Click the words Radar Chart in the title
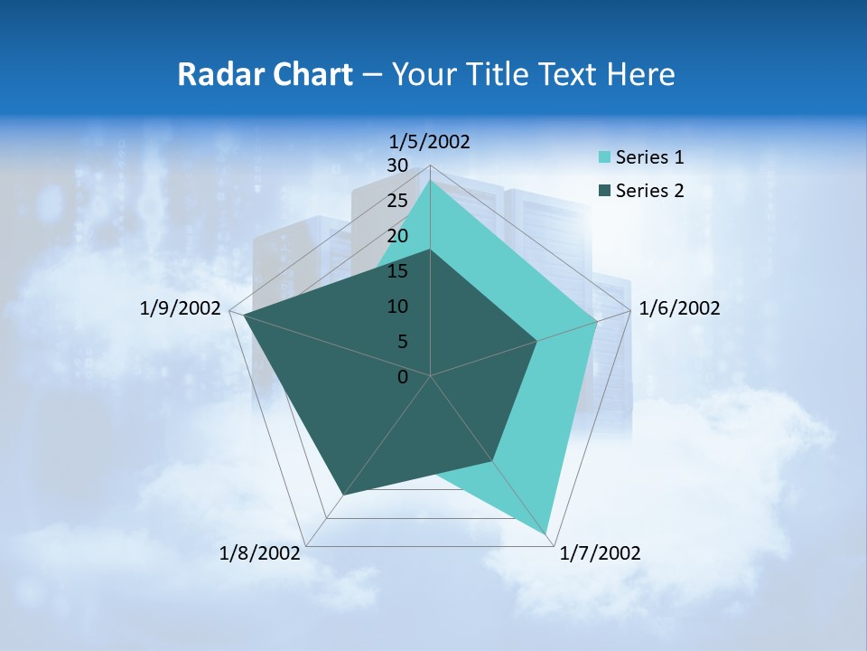pyautogui.click(x=265, y=74)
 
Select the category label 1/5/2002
pyautogui.click(x=430, y=141)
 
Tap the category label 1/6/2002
pyautogui.click(x=679, y=308)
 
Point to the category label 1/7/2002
pyautogui.click(x=600, y=553)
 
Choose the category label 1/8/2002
pyautogui.click(x=260, y=553)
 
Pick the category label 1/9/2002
pyautogui.click(x=181, y=308)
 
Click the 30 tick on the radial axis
pyautogui.click(x=396, y=165)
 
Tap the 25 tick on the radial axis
pyautogui.click(x=396, y=201)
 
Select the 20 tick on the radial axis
pyautogui.click(x=396, y=236)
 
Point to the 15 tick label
pyautogui.click(x=396, y=271)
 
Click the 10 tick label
pyautogui.click(x=396, y=307)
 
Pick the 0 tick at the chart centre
pyautogui.click(x=403, y=377)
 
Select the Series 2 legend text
pyautogui.click(x=649, y=191)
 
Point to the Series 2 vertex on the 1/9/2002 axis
pyautogui.click(x=245, y=316)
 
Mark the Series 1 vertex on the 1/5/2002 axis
pyautogui.click(x=431, y=181)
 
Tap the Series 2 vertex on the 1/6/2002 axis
pyautogui.click(x=537, y=341)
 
